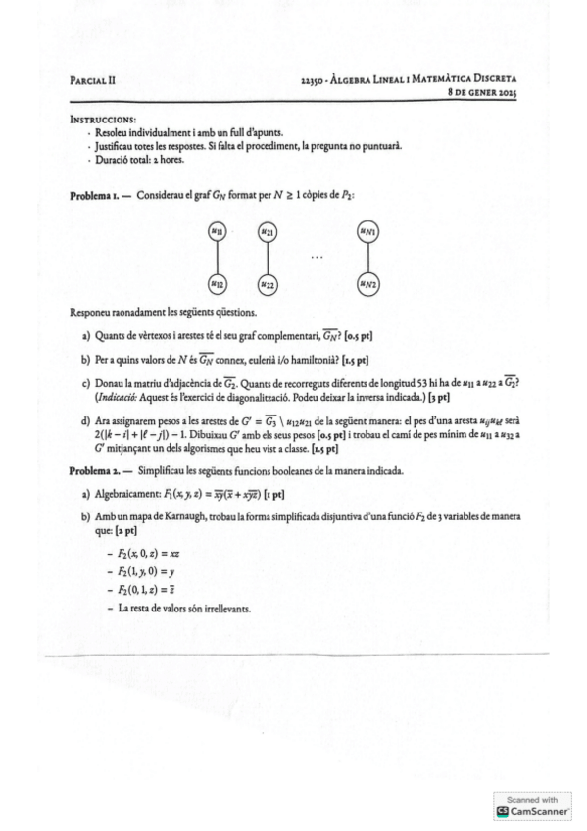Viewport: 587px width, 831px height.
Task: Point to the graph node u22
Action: tap(266, 284)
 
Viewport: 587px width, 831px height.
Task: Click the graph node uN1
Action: tap(367, 231)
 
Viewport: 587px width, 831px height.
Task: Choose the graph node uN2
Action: tap(367, 284)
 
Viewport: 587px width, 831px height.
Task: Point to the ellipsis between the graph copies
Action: tap(316, 259)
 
